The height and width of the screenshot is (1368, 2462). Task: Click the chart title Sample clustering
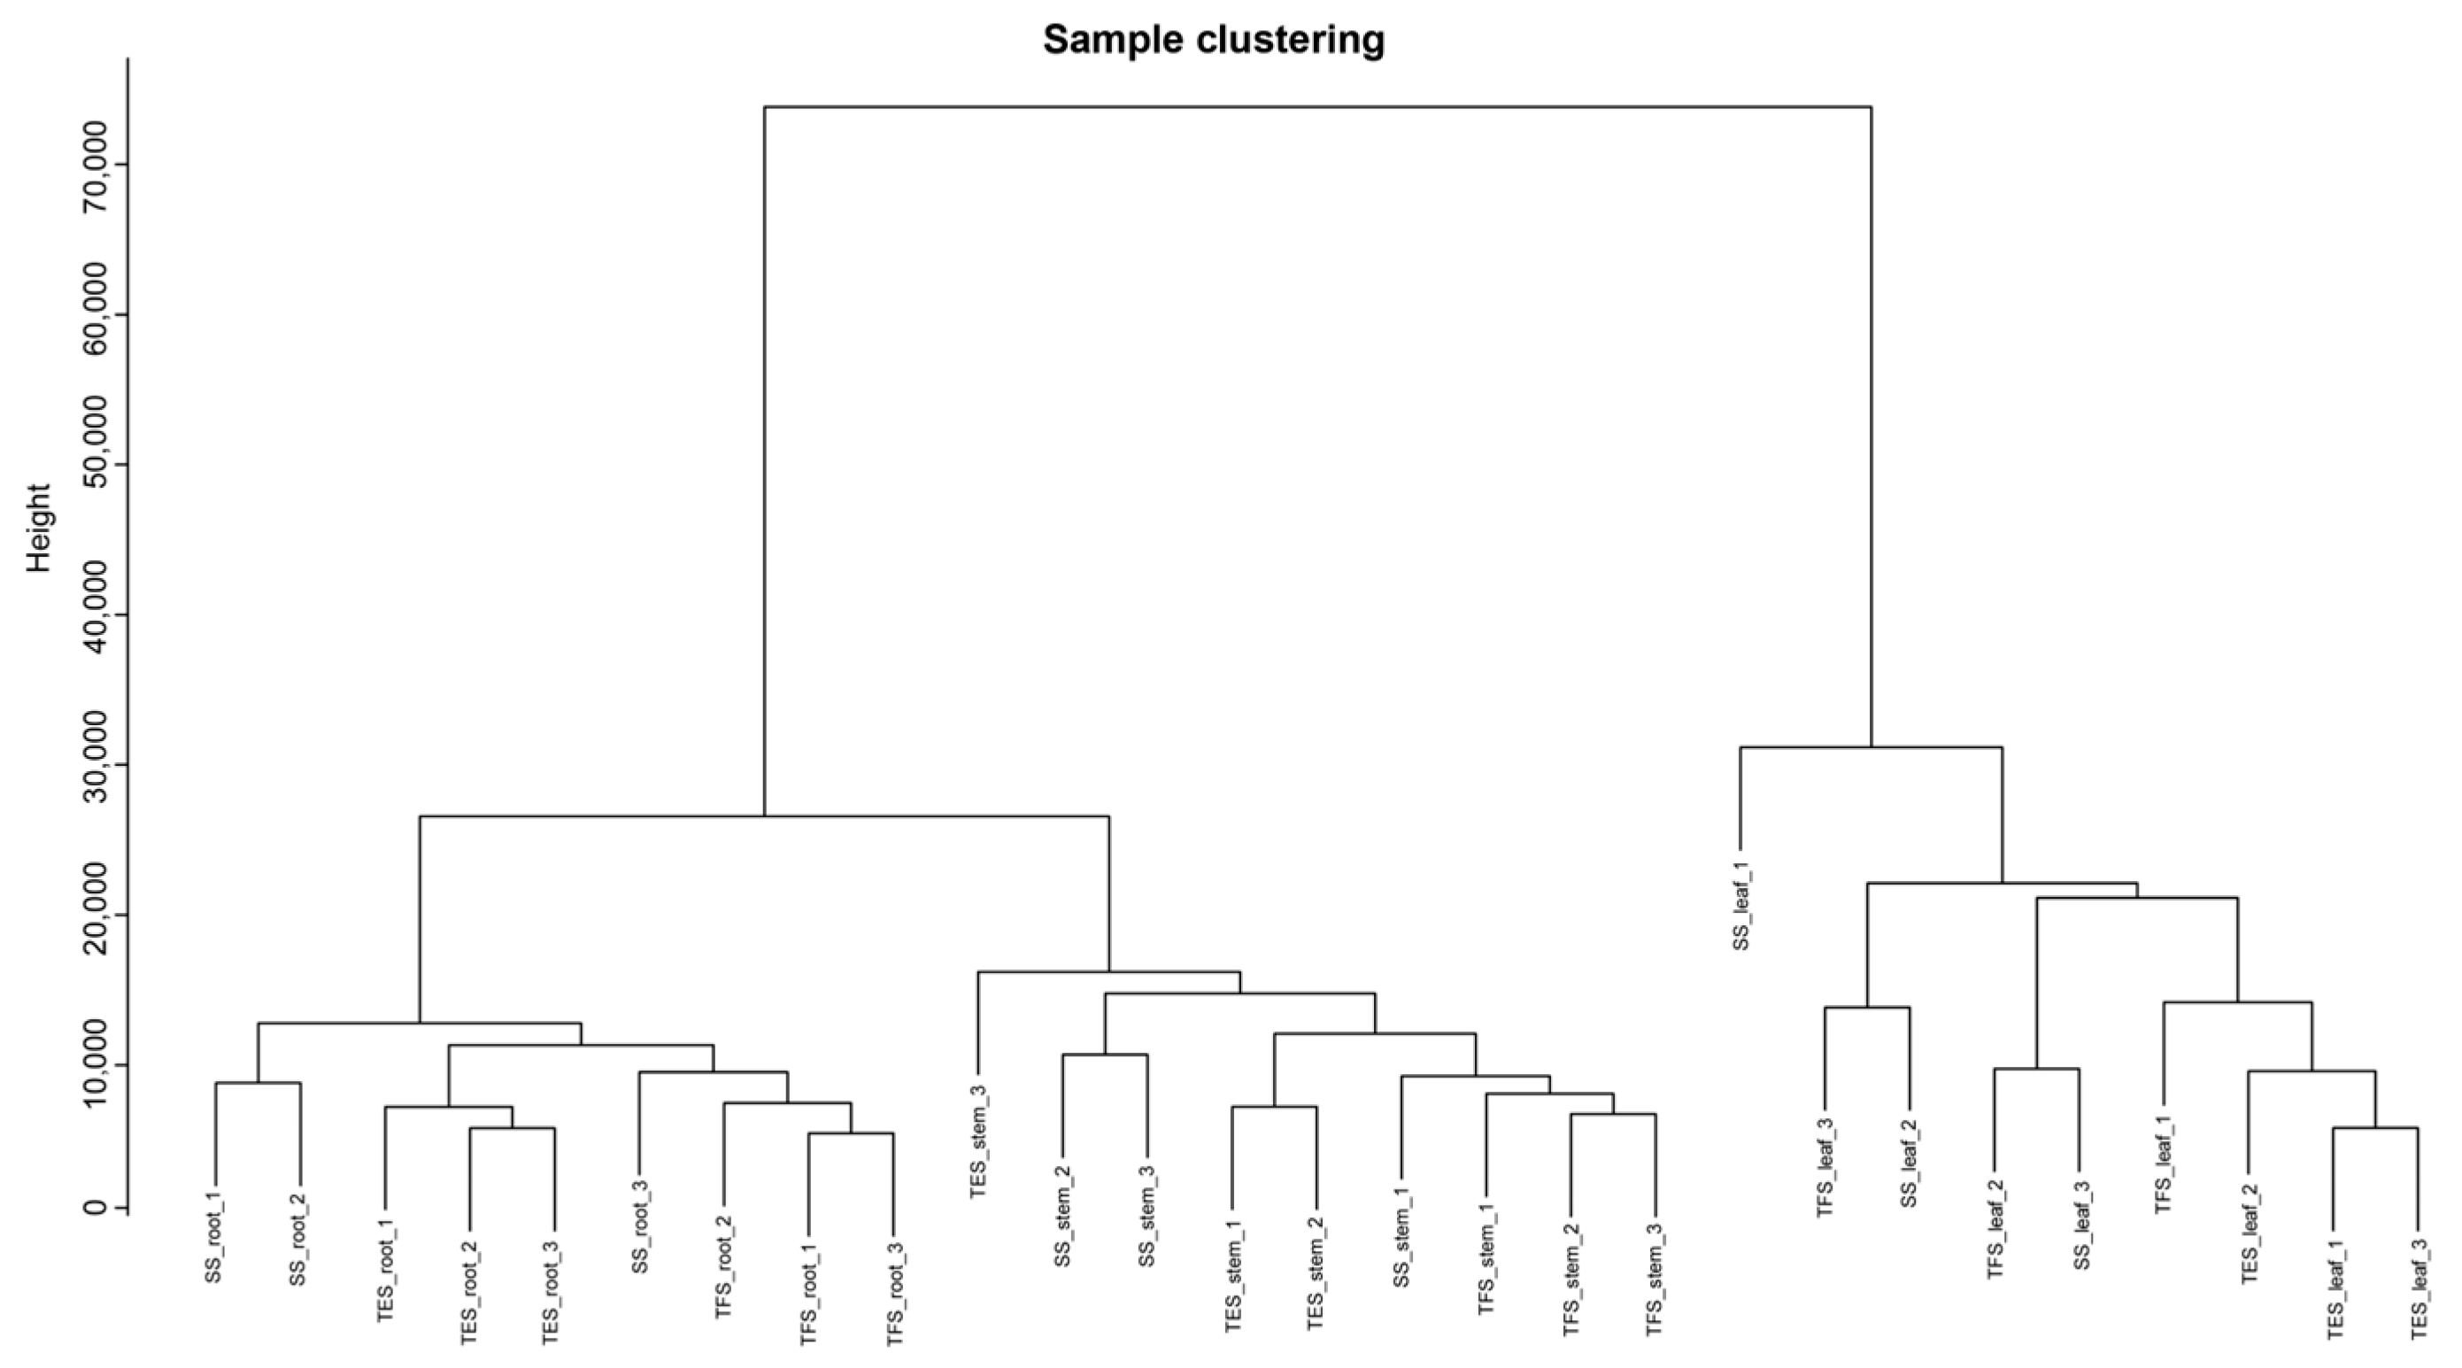tap(1213, 40)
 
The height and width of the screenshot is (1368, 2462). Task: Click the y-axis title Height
tap(38, 528)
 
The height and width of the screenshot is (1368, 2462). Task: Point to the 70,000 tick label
tap(96, 166)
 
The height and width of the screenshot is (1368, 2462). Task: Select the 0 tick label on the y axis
tap(96, 1208)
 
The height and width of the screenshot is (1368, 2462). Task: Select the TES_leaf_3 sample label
tap(2418, 1287)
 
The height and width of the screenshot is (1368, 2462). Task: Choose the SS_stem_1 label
tap(1401, 1236)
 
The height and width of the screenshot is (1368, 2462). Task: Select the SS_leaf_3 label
tap(2080, 1225)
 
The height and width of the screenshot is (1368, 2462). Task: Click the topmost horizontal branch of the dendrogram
tap(1317, 107)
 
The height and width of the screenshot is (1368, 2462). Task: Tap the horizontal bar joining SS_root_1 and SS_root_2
tap(258, 1083)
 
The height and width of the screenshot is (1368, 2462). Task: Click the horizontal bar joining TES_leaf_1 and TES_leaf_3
tap(2375, 1128)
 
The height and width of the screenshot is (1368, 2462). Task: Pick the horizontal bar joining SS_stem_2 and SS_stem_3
tap(1105, 1055)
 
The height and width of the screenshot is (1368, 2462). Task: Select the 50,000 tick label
tap(96, 465)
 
